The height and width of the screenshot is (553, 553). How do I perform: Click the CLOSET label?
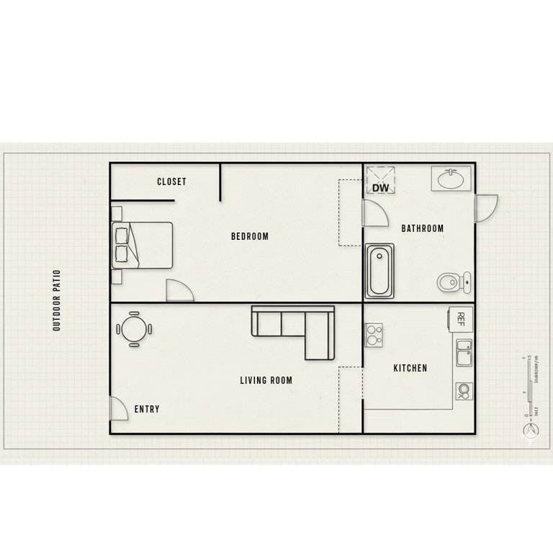[171, 182]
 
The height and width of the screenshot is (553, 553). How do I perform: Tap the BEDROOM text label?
[249, 236]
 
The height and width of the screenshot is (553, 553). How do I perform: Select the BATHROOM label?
[422, 229]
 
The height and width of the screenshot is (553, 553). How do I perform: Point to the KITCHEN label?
[410, 368]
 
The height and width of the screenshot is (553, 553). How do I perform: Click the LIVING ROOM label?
[266, 380]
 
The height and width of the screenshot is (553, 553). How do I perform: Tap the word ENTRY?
[147, 409]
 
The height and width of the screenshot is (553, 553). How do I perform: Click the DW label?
[380, 188]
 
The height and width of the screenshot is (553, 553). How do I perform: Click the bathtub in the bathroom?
[379, 271]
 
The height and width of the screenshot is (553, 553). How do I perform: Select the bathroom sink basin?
[451, 177]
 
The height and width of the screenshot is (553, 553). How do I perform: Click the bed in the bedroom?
[143, 244]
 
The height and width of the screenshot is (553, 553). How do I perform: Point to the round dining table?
[134, 329]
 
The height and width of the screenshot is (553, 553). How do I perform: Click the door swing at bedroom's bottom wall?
[179, 290]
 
